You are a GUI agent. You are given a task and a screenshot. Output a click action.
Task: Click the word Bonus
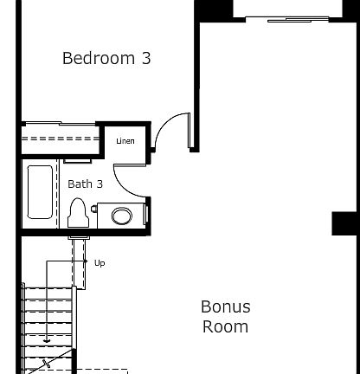point(225,306)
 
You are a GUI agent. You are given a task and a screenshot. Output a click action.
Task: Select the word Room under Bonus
point(225,326)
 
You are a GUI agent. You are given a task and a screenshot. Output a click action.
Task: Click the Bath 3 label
point(85,184)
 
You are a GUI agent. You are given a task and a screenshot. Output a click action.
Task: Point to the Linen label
point(125,141)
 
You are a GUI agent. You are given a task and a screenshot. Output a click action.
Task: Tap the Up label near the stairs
point(100,263)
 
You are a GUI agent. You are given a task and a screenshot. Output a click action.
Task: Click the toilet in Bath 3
point(78,210)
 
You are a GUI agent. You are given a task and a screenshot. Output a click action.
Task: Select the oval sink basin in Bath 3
point(122,216)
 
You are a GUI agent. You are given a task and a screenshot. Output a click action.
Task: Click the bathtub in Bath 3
point(40,191)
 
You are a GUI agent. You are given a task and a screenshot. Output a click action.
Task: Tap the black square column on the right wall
point(345,222)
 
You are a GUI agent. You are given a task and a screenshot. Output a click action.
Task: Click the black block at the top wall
point(213,10)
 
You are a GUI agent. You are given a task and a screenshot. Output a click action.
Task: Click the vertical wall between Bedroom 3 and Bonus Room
point(196,87)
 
